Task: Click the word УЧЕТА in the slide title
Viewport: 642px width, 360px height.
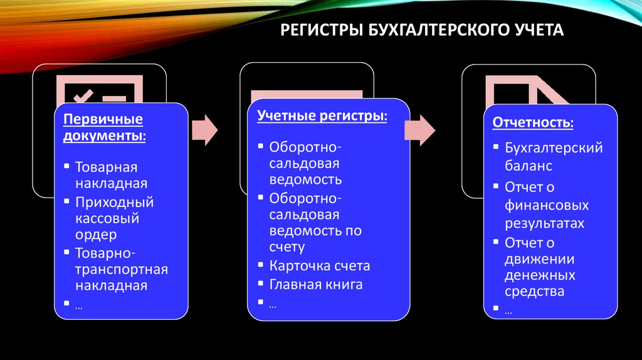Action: pyautogui.click(x=532, y=29)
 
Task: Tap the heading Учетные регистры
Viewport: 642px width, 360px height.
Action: pyautogui.click(x=322, y=117)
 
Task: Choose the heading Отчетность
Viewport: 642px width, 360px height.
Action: pyautogui.click(x=532, y=121)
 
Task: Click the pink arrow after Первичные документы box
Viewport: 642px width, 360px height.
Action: pyautogui.click(x=204, y=130)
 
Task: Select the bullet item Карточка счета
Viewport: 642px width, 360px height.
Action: pyautogui.click(x=320, y=265)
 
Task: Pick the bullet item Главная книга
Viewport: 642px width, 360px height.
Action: pyautogui.click(x=316, y=284)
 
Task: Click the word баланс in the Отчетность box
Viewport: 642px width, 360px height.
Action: pyautogui.click(x=529, y=167)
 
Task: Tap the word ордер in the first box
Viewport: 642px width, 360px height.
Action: pyautogui.click(x=96, y=235)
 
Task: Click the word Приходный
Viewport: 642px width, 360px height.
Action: pyautogui.click(x=115, y=202)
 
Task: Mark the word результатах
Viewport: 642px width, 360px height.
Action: pyautogui.click(x=544, y=223)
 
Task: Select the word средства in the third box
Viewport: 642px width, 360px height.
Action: pyautogui.click(x=534, y=291)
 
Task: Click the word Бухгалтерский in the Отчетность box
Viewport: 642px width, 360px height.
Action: pyautogui.click(x=554, y=148)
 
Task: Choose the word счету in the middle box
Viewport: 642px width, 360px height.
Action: pyautogui.click(x=287, y=247)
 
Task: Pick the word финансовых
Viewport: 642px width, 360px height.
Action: pyautogui.click(x=547, y=205)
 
